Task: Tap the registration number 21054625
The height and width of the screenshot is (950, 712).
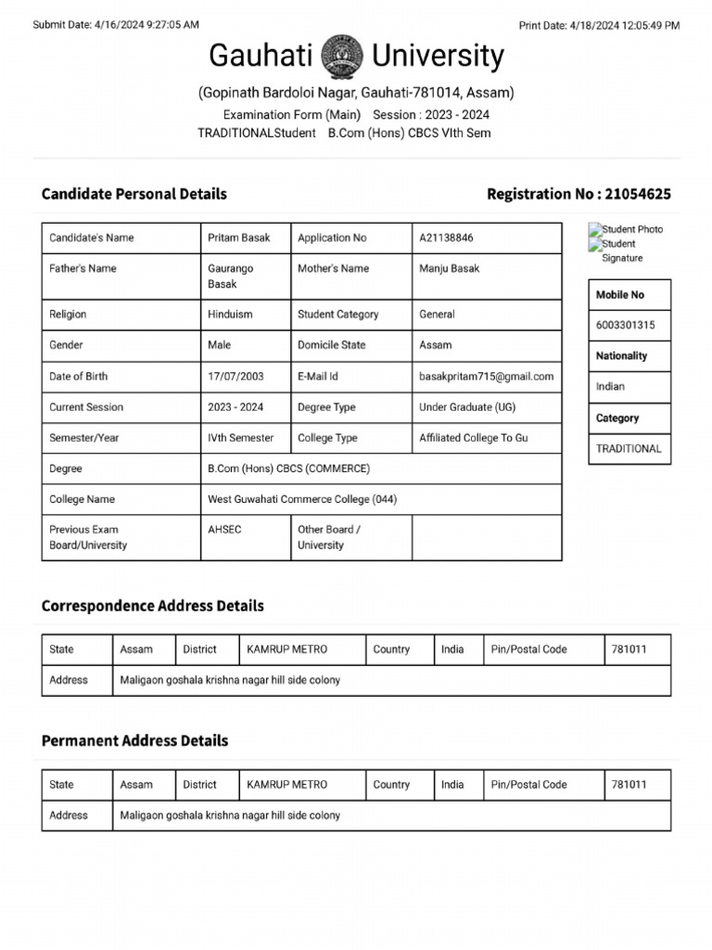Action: coord(638,194)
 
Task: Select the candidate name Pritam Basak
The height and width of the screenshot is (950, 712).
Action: coord(239,237)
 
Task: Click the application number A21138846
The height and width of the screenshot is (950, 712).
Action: coord(446,237)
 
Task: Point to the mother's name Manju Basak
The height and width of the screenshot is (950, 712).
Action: coord(450,268)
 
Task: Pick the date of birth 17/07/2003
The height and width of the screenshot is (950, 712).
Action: coord(235,376)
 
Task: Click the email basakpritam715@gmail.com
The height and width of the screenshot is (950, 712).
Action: coord(486,376)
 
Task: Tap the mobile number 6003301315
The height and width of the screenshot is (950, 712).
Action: coord(625,325)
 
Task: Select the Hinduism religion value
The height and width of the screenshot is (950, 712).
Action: coord(230,315)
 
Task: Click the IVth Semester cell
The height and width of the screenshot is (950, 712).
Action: coord(241,438)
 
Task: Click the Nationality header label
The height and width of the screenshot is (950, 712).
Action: coord(621,355)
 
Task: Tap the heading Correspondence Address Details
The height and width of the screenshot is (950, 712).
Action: coord(153,606)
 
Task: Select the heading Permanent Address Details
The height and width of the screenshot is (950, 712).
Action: coord(134,741)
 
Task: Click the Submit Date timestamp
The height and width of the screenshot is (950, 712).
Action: coord(116,25)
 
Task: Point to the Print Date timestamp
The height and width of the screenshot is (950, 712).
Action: coord(599,25)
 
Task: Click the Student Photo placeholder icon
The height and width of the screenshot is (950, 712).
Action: coord(595,229)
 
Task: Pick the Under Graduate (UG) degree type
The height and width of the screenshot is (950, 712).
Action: coord(467,407)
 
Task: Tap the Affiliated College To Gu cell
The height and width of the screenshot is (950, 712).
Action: coord(473,438)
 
